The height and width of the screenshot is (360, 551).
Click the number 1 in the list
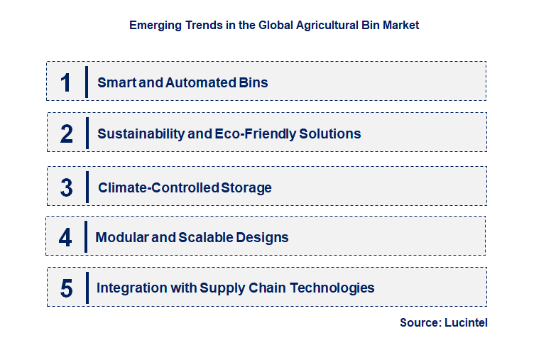(x=66, y=82)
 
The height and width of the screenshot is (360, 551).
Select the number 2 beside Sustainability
(x=66, y=133)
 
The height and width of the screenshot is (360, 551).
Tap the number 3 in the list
(x=66, y=188)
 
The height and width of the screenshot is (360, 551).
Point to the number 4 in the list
(x=65, y=237)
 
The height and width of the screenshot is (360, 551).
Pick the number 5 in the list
(x=66, y=288)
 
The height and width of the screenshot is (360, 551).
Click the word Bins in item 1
(x=254, y=82)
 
